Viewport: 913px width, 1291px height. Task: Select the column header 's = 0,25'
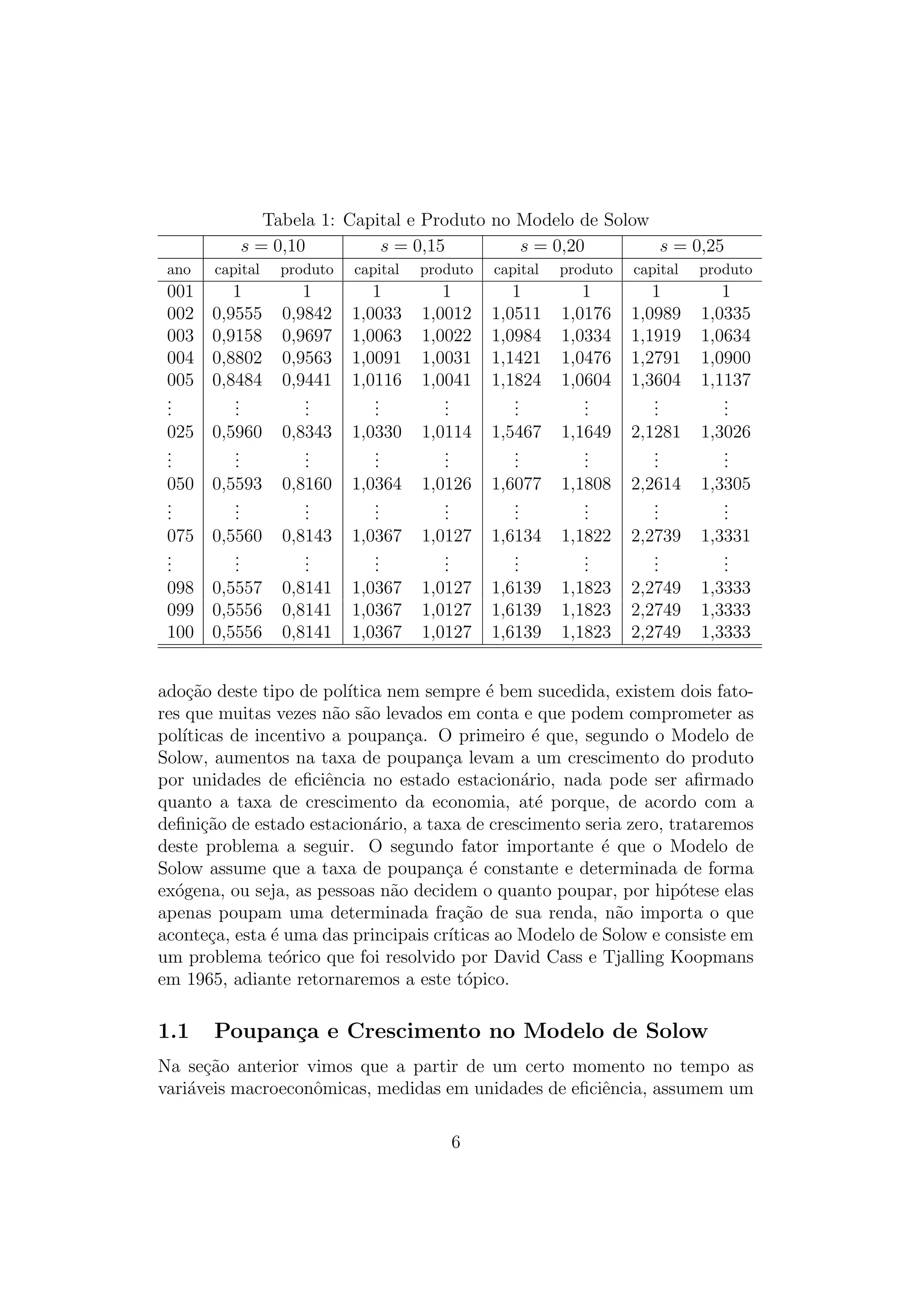691,246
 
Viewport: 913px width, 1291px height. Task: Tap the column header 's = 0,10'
273,246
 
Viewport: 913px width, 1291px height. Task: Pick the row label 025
180,432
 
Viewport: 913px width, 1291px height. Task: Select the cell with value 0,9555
237,313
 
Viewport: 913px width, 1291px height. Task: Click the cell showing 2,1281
655,432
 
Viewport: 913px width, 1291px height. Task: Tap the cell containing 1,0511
516,313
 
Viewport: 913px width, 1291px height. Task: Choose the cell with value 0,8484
237,380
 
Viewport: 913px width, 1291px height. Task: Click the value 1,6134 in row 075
516,535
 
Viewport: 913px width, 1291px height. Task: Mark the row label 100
180,632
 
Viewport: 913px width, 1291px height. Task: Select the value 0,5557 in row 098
237,588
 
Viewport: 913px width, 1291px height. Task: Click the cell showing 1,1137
725,380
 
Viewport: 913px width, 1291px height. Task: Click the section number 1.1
173,1031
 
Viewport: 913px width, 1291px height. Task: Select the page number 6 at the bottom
456,1142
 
